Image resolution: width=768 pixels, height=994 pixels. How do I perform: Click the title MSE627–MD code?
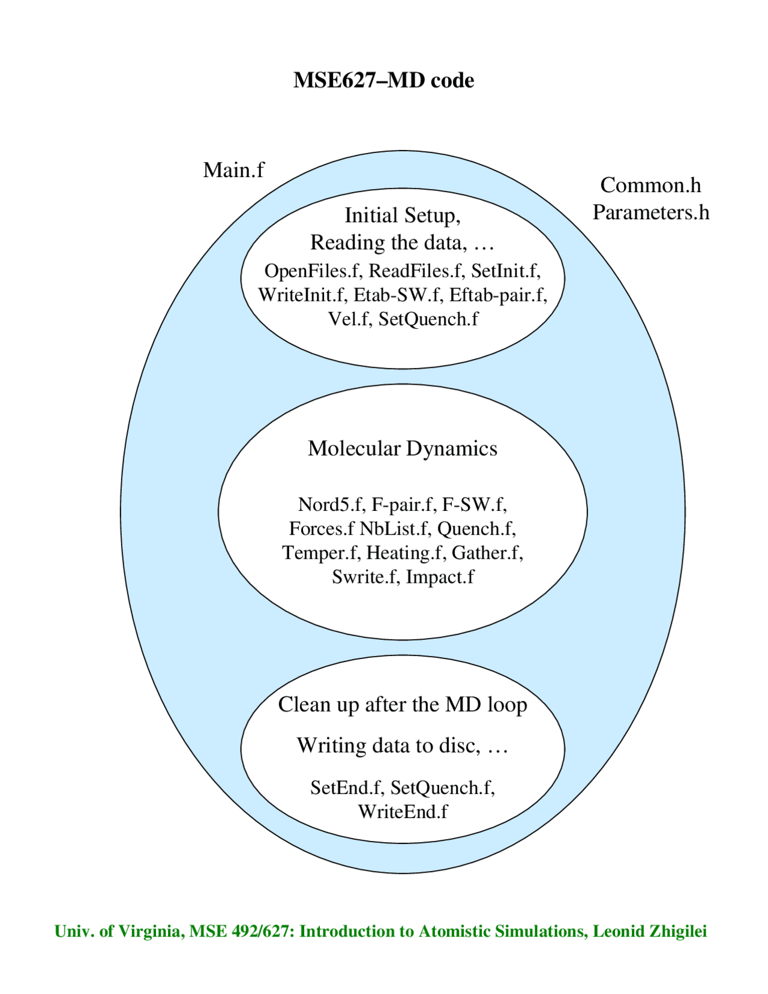[x=383, y=80]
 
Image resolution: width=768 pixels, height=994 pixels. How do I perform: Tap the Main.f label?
[x=233, y=170]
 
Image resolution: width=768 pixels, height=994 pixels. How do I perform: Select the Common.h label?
[x=650, y=185]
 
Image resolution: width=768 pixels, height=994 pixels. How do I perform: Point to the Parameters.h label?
[x=651, y=212]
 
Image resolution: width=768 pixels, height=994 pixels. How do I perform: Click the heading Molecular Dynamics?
[x=403, y=449]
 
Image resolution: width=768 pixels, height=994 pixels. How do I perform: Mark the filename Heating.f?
[x=406, y=553]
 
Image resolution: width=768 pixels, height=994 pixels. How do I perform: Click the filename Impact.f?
[x=440, y=577]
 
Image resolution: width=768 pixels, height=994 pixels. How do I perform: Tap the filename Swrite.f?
[x=365, y=577]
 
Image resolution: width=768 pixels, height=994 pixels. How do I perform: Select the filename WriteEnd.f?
[x=403, y=812]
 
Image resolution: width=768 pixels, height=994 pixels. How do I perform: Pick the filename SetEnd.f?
[x=347, y=788]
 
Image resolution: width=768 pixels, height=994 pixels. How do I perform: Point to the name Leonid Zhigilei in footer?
[x=650, y=932]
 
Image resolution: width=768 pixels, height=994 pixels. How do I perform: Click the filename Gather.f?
[x=487, y=553]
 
